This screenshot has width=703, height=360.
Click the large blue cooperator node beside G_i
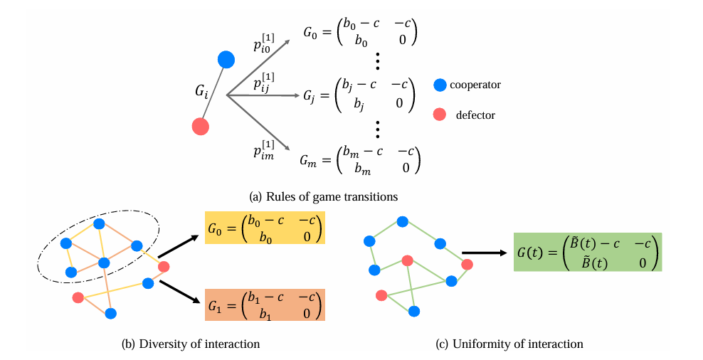point(226,60)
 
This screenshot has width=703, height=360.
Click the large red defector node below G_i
point(201,126)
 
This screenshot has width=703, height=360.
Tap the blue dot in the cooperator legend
point(440,85)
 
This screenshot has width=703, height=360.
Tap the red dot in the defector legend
point(440,115)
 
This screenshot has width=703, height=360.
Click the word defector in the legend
point(475,115)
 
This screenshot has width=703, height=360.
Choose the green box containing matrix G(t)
point(588,252)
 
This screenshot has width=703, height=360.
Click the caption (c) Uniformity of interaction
point(509,344)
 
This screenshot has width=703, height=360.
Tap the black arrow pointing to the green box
point(483,251)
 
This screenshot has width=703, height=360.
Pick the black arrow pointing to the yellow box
point(178,245)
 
